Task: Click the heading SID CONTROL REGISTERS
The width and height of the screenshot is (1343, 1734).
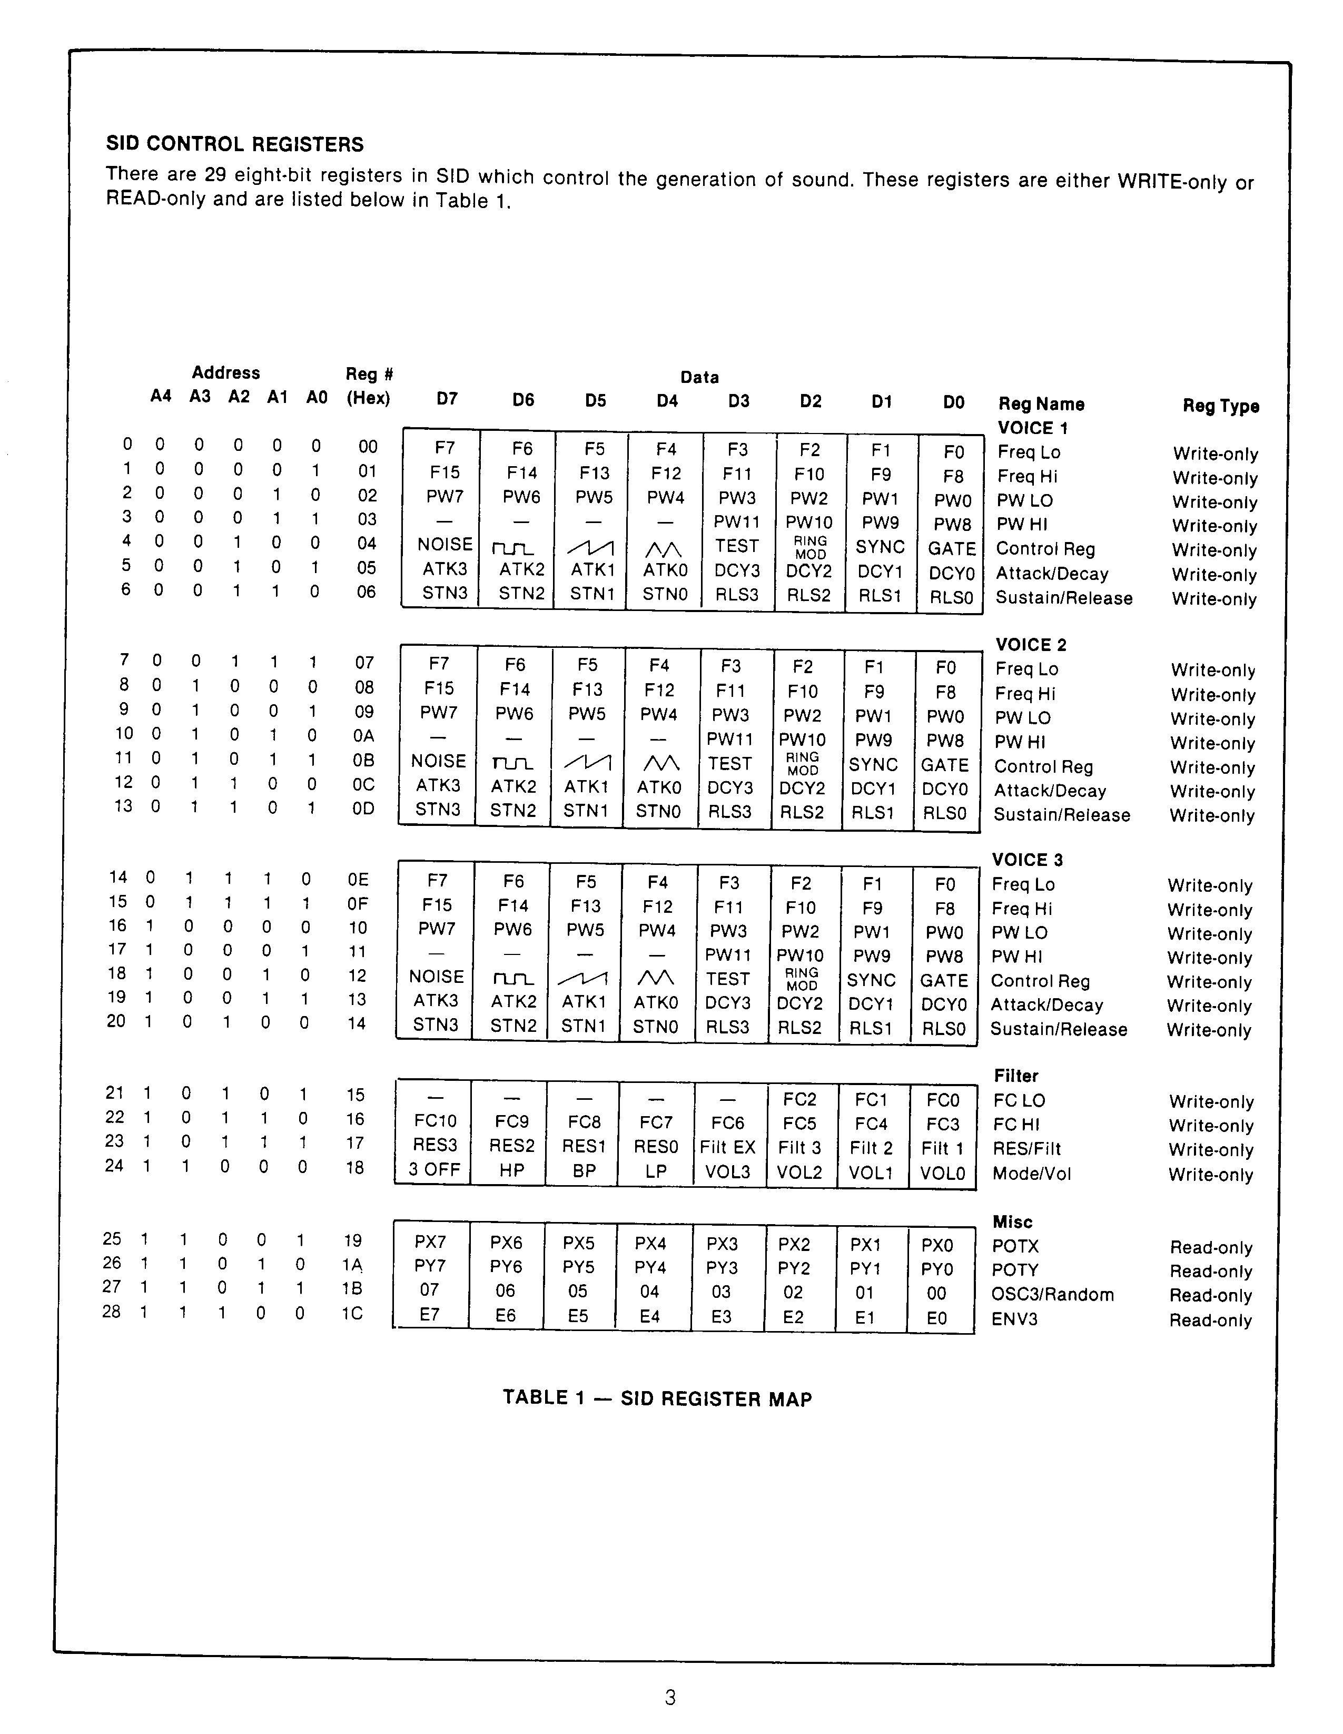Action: point(235,144)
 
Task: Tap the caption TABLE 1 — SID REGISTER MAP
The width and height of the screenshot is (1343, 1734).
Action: point(657,1398)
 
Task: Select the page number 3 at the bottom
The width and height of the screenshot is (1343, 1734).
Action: point(670,1698)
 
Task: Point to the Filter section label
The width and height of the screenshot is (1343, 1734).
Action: point(1016,1076)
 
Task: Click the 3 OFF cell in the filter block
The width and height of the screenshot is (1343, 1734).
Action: point(434,1170)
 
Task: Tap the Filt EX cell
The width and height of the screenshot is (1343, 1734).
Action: point(727,1147)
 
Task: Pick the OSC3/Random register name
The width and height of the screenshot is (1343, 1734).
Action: point(1052,1294)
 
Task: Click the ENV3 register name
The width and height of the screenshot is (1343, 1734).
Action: point(1014,1319)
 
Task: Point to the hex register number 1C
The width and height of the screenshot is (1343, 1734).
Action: point(352,1313)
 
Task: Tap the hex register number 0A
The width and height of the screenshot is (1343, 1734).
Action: point(363,736)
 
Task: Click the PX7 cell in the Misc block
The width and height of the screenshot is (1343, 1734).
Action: point(430,1242)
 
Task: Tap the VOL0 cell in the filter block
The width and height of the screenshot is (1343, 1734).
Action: point(942,1173)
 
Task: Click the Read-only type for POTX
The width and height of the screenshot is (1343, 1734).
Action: point(1210,1247)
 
